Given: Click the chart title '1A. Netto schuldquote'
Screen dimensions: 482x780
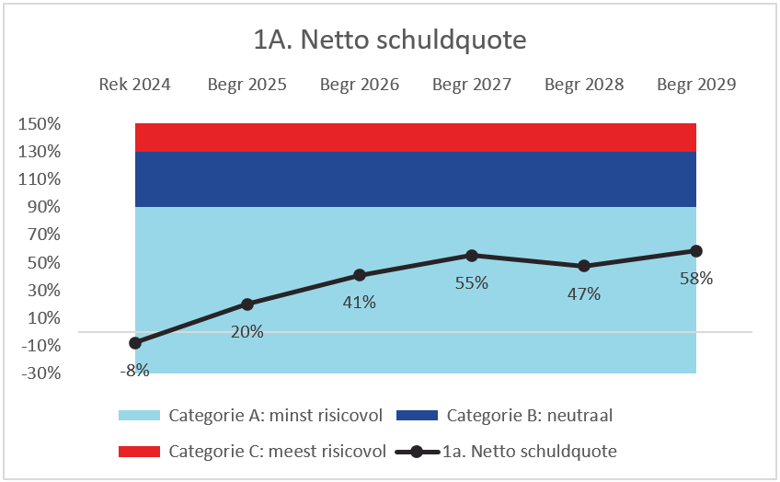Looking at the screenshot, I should click(389, 40).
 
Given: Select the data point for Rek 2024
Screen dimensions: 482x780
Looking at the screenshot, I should click(135, 343).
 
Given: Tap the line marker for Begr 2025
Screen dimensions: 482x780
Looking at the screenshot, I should click(247, 304).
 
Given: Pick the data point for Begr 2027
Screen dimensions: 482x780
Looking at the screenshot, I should click(472, 256).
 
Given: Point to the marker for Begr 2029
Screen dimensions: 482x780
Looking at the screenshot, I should click(696, 251).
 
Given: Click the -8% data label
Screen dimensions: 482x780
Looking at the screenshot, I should click(135, 370).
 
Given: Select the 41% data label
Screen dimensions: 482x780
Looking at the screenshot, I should click(360, 302).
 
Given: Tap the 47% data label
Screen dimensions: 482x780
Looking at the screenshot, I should click(584, 293).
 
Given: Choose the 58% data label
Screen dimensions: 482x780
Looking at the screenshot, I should click(696, 278).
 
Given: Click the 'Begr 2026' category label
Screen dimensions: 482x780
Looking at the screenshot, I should click(360, 85).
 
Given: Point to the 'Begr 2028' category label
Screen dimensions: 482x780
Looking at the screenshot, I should click(584, 85).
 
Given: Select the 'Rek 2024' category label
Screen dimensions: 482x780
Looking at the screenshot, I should click(135, 85).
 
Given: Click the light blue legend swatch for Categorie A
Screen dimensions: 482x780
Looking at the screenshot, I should click(140, 416).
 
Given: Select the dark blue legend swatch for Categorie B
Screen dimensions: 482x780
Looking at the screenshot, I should click(418, 416).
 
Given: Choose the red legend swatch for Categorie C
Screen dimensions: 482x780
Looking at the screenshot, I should click(140, 452).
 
